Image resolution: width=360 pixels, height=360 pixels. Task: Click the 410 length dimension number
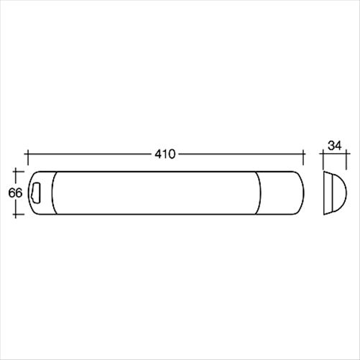click(x=165, y=153)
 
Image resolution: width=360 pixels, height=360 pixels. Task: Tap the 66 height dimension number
click(x=14, y=193)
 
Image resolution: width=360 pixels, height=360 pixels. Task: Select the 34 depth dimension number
click(x=334, y=145)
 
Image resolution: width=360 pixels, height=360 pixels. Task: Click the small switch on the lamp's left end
click(x=37, y=193)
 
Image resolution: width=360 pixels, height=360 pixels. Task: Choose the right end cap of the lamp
click(x=282, y=193)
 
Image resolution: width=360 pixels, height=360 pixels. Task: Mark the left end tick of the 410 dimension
click(x=27, y=154)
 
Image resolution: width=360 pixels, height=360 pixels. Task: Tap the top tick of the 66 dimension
click(x=17, y=171)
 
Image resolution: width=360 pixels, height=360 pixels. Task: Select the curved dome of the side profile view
click(x=336, y=192)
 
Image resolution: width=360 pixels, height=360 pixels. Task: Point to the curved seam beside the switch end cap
click(x=54, y=193)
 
